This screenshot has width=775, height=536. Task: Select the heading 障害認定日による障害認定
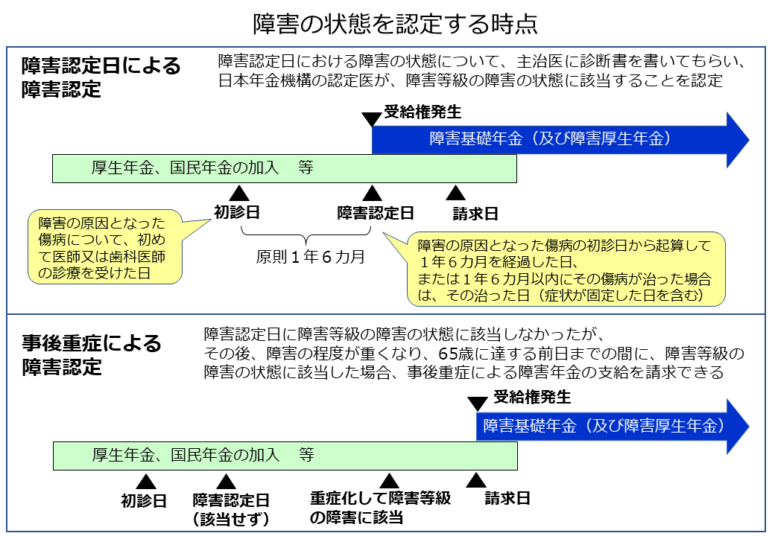[101, 77]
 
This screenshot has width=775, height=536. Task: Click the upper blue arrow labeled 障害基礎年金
[559, 139]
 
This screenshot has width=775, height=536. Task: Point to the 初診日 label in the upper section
[237, 212]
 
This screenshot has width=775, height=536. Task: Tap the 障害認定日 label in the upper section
[376, 213]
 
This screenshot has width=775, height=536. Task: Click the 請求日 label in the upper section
[475, 214]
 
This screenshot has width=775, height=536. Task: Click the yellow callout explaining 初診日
[107, 249]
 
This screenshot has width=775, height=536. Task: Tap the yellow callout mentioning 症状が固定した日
[566, 269]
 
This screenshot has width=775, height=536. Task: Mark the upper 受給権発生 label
[423, 112]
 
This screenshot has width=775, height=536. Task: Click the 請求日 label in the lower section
[507, 498]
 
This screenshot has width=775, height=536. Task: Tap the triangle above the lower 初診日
[146, 482]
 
